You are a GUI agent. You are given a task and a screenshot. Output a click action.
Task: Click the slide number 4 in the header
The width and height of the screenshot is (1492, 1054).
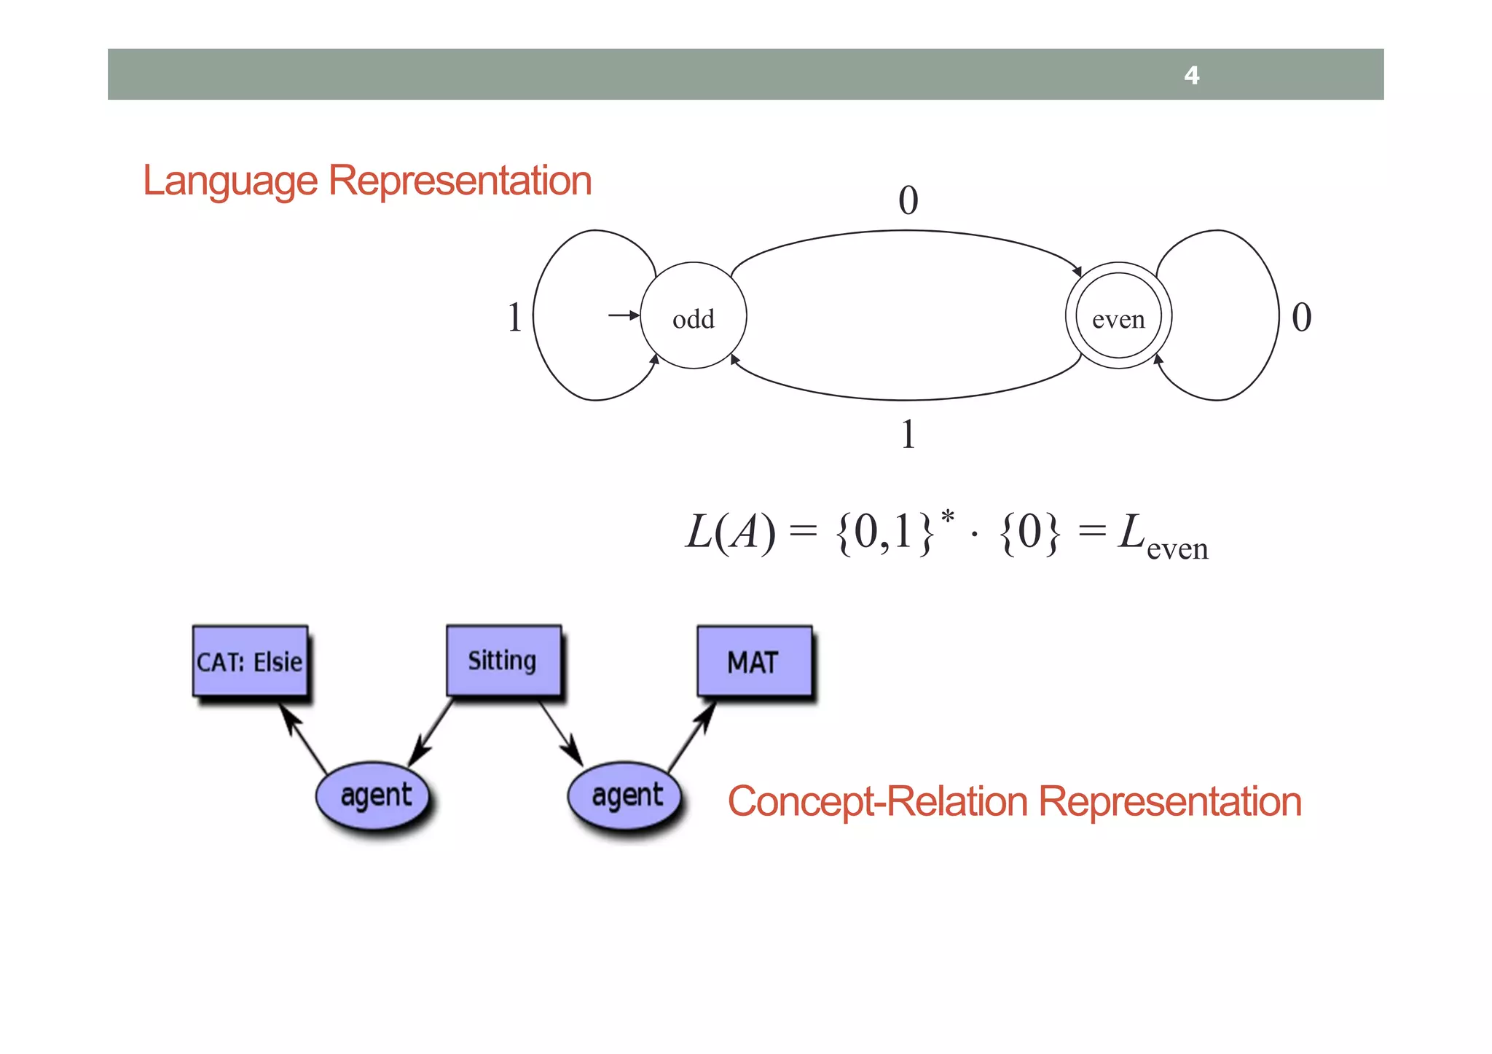pos(1191,75)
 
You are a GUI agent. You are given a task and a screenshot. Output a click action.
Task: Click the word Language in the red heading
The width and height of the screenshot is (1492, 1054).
pos(230,181)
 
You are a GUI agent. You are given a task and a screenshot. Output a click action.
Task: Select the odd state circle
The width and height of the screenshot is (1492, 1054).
pos(693,316)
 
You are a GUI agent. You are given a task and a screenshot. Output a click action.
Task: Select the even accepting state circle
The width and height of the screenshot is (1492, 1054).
pos(1118,316)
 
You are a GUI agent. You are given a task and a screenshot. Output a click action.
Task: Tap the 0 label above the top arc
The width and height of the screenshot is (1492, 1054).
pos(908,200)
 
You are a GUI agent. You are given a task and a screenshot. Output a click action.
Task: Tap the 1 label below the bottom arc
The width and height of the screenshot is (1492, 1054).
pos(908,434)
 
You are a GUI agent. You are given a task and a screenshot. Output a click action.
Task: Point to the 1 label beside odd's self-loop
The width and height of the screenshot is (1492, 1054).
pos(514,318)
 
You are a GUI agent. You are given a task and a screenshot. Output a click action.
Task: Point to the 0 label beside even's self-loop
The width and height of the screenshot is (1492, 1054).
pos(1301,318)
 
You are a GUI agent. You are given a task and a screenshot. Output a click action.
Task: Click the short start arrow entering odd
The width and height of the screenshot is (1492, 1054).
pos(623,315)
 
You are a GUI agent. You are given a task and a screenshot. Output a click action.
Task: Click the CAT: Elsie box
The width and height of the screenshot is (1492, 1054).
pos(250,661)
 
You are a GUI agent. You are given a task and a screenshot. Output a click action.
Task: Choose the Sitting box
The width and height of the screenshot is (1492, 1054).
pos(503,660)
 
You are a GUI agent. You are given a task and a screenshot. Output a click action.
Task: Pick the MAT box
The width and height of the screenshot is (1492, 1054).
pos(754,661)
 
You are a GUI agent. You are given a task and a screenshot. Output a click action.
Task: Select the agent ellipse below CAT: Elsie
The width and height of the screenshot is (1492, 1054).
pos(374,795)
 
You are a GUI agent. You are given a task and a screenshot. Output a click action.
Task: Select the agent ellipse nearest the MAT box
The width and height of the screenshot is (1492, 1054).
pos(627,795)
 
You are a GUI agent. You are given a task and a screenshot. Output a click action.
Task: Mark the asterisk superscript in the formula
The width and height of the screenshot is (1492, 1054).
pos(947,517)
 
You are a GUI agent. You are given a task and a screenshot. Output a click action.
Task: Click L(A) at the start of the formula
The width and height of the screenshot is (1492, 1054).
pos(730,532)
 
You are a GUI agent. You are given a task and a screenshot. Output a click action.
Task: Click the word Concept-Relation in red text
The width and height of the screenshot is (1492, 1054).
pos(877,801)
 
